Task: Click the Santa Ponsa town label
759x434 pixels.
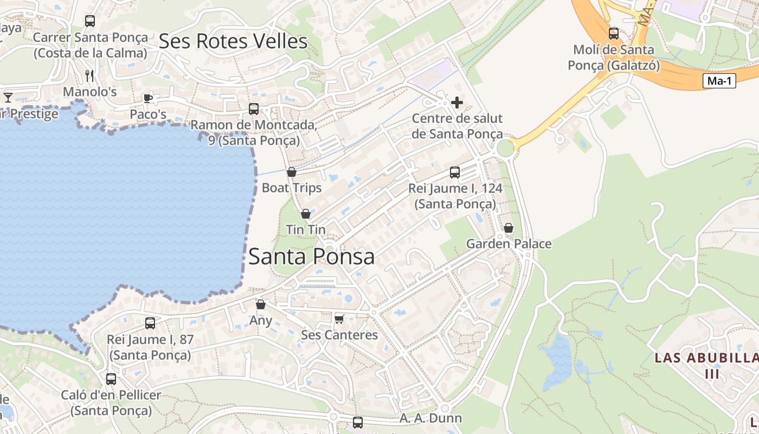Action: point(311,257)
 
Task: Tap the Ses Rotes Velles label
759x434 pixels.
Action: point(233,41)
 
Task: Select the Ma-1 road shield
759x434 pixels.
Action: point(719,81)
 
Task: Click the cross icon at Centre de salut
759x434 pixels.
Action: point(457,102)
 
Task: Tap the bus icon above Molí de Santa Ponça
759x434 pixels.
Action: point(613,34)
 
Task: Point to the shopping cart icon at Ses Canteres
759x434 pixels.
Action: point(339,318)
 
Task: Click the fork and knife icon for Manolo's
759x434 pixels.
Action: point(89,75)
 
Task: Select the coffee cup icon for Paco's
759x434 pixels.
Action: point(147,98)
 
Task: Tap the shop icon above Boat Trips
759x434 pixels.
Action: point(292,172)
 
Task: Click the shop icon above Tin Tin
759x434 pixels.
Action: point(306,214)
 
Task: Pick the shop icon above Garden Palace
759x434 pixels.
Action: point(509,228)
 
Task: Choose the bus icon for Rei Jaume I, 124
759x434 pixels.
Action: point(455,173)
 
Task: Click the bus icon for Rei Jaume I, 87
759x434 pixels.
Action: point(150,323)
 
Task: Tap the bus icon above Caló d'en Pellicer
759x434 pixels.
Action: point(111,379)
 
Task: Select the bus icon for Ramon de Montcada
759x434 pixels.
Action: point(254,108)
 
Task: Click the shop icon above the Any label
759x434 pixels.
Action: point(261,304)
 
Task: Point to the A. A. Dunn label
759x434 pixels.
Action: point(430,418)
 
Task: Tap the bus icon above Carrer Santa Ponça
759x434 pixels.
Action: point(90,21)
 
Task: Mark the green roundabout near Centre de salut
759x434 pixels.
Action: point(505,148)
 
